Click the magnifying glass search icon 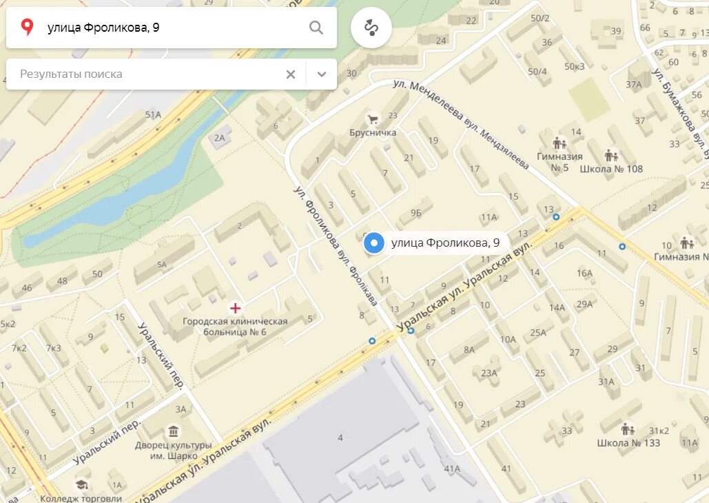point(316,28)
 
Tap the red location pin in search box point(28,28)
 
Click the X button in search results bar point(291,74)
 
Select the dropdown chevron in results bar point(321,74)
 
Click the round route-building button point(371,28)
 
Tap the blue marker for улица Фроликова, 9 point(374,243)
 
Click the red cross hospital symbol point(235,307)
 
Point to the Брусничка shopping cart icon point(372,119)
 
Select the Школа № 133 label point(628,442)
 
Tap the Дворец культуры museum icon point(172,431)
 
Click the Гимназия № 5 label point(559,161)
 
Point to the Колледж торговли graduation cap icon point(82,484)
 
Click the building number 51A point(153,115)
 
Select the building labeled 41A point(452,469)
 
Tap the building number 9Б point(415,213)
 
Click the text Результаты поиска point(71,74)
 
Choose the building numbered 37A point(633,84)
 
